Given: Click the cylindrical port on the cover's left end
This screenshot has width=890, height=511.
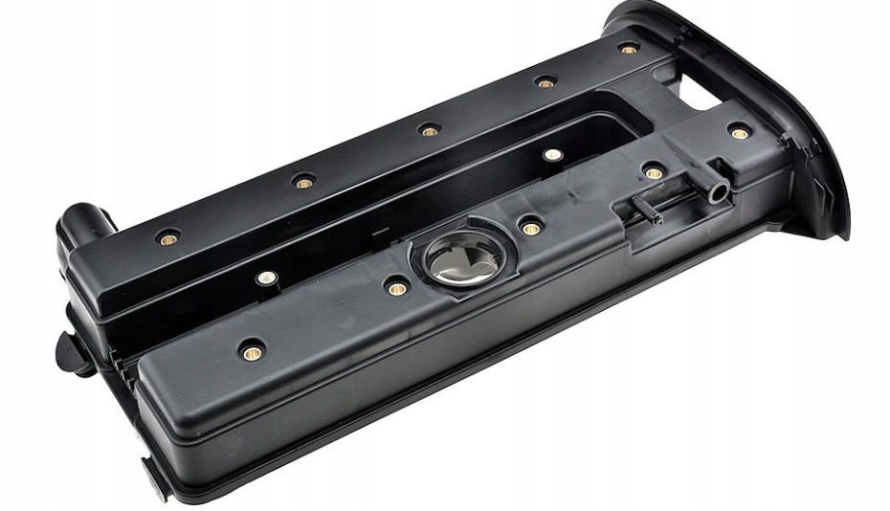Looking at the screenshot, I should click(x=82, y=222).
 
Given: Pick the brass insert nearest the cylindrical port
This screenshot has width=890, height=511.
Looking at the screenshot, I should click(x=169, y=235).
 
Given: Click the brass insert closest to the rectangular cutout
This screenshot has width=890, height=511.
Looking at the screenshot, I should click(x=739, y=132).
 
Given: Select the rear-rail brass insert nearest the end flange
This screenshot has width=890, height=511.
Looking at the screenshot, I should click(x=629, y=48).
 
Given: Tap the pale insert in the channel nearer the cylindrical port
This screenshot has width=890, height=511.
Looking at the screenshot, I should click(x=267, y=278).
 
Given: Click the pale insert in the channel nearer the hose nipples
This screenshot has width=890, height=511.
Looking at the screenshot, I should click(x=552, y=154).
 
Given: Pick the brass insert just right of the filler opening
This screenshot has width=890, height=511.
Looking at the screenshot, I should click(x=530, y=228).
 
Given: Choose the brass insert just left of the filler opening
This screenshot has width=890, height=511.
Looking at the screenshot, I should click(x=397, y=287).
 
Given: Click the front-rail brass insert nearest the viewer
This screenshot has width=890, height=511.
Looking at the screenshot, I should click(x=252, y=352).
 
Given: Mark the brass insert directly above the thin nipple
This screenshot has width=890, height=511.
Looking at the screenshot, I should click(x=654, y=173).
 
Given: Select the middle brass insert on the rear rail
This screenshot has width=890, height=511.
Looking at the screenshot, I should click(x=430, y=130).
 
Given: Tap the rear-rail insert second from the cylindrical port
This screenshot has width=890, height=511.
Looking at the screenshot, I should click(x=304, y=182).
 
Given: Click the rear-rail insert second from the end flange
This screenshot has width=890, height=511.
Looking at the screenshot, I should click(x=545, y=82).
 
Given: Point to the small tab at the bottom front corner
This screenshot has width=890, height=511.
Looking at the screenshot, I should click(x=153, y=477).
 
